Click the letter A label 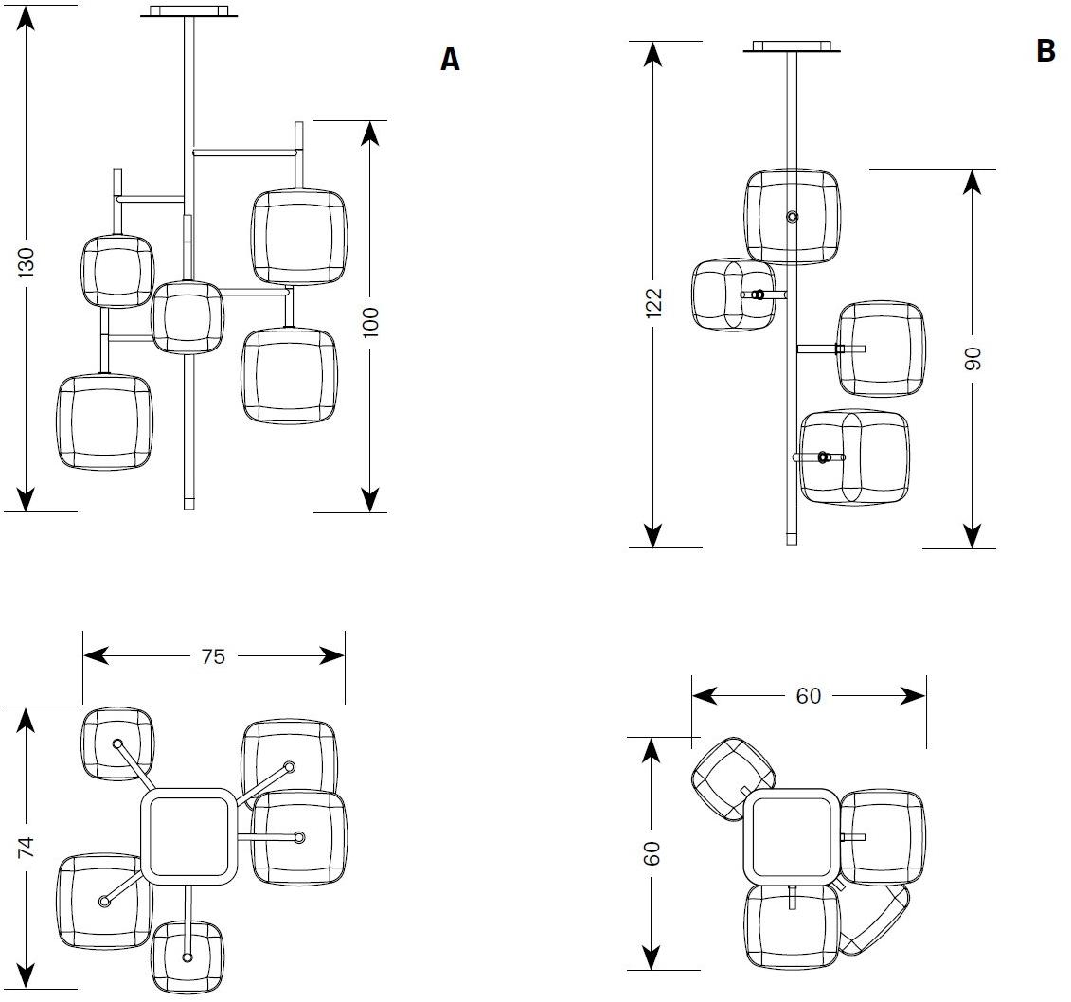tap(451, 60)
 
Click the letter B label tap(1045, 50)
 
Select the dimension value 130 tap(27, 262)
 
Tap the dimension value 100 tap(370, 322)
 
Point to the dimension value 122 tap(652, 302)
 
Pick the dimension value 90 tap(972, 358)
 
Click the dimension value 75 tap(213, 655)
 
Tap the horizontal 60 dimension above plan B tap(808, 696)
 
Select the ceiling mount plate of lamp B tap(792, 46)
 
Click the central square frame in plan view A tap(189, 836)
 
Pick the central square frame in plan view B tap(792, 837)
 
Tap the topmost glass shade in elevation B tap(792, 216)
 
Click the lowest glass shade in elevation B tap(854, 457)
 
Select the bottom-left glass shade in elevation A tap(104, 422)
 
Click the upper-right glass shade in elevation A tap(297, 237)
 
